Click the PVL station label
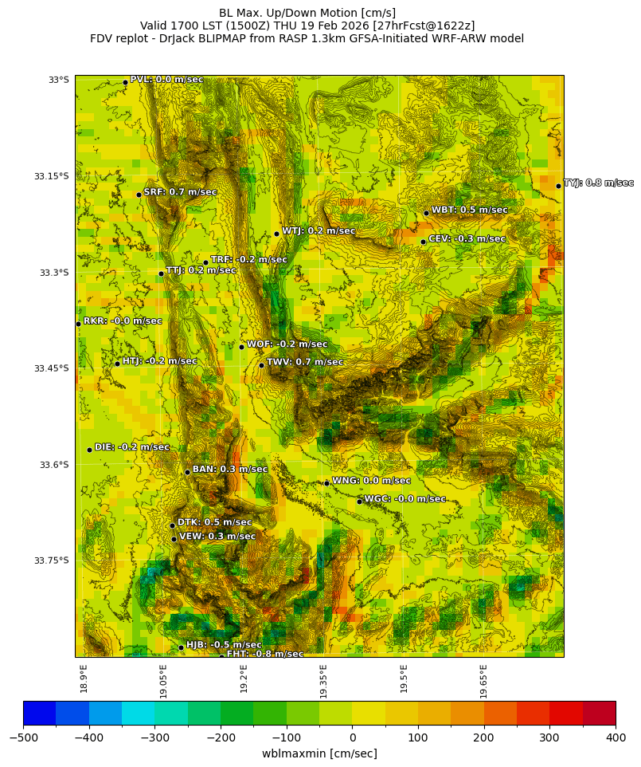click(x=166, y=80)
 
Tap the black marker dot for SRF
click(x=139, y=195)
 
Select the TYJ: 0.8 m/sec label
click(x=598, y=183)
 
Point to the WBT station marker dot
click(x=426, y=213)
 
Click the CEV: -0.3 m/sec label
click(x=467, y=239)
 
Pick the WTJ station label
click(x=319, y=231)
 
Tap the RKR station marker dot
click(x=78, y=324)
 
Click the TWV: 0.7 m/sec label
click(x=305, y=363)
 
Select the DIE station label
click(x=132, y=447)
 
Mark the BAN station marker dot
click(x=187, y=472)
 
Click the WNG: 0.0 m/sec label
click(x=371, y=481)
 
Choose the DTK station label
click(x=214, y=522)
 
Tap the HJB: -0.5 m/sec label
click(x=224, y=645)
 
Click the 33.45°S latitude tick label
click(x=52, y=368)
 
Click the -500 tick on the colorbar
click(x=23, y=737)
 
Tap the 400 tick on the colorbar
click(x=615, y=737)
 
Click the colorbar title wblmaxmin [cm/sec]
click(x=319, y=753)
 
